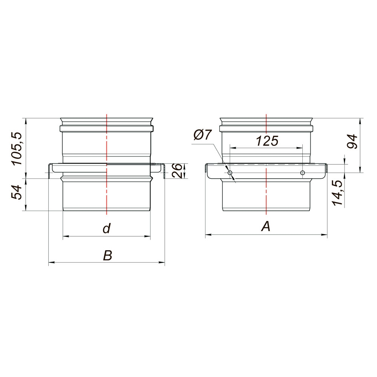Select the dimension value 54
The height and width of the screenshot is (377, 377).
coord(17,192)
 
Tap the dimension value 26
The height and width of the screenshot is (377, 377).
coord(177,170)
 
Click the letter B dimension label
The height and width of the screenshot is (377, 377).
coord(107,255)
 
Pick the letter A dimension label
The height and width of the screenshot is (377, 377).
coord(266,227)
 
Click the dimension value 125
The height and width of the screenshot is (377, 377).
coord(267,141)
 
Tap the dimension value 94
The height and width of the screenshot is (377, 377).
coord(352,142)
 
